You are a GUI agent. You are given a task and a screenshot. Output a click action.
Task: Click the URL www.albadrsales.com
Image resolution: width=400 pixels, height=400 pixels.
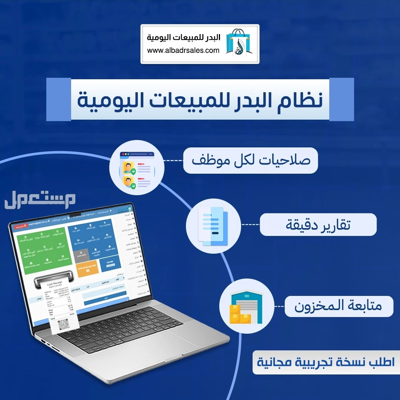(x=183, y=50)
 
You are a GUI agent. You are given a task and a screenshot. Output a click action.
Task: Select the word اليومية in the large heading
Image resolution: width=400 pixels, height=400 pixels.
(x=107, y=99)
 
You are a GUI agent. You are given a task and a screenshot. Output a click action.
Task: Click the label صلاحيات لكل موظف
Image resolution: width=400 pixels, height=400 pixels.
(x=250, y=161)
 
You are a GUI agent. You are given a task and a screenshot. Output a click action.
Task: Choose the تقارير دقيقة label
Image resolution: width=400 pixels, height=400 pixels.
(x=318, y=225)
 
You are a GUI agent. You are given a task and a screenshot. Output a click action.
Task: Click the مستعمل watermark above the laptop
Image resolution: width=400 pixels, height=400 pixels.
(x=40, y=200)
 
